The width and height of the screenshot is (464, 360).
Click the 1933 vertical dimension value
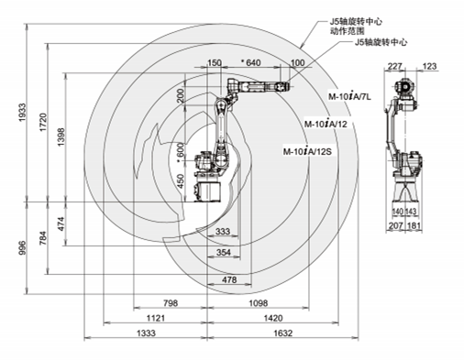(x=23, y=113)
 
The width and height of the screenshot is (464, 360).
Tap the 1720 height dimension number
(x=43, y=123)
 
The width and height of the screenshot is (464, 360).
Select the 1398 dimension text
(x=61, y=136)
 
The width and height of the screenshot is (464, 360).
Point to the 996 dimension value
(x=23, y=247)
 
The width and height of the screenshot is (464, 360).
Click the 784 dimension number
(x=43, y=238)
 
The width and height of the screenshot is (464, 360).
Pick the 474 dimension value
(x=61, y=224)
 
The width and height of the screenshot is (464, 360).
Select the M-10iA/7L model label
(x=349, y=96)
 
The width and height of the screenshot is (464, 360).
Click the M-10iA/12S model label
(x=307, y=151)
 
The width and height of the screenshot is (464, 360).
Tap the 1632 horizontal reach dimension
(x=282, y=333)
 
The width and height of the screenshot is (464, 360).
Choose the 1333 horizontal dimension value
(x=146, y=333)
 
